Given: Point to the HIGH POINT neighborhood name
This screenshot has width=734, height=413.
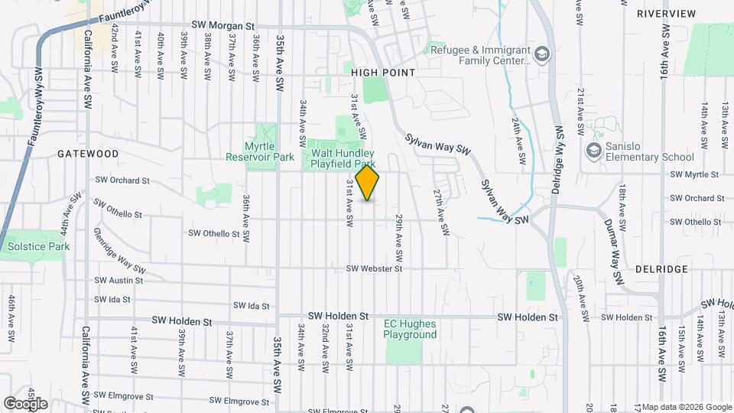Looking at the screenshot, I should click(383, 73).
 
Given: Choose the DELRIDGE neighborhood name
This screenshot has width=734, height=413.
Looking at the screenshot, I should click(661, 269).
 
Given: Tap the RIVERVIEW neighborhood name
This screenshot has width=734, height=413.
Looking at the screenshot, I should click(666, 14).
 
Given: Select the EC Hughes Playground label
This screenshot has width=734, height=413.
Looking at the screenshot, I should click(410, 329).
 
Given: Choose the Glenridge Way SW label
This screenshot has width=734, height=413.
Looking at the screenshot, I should click(119, 250).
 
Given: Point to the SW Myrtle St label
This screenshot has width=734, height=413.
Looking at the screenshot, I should click(695, 175).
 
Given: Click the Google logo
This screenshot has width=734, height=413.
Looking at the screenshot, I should click(25, 403).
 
